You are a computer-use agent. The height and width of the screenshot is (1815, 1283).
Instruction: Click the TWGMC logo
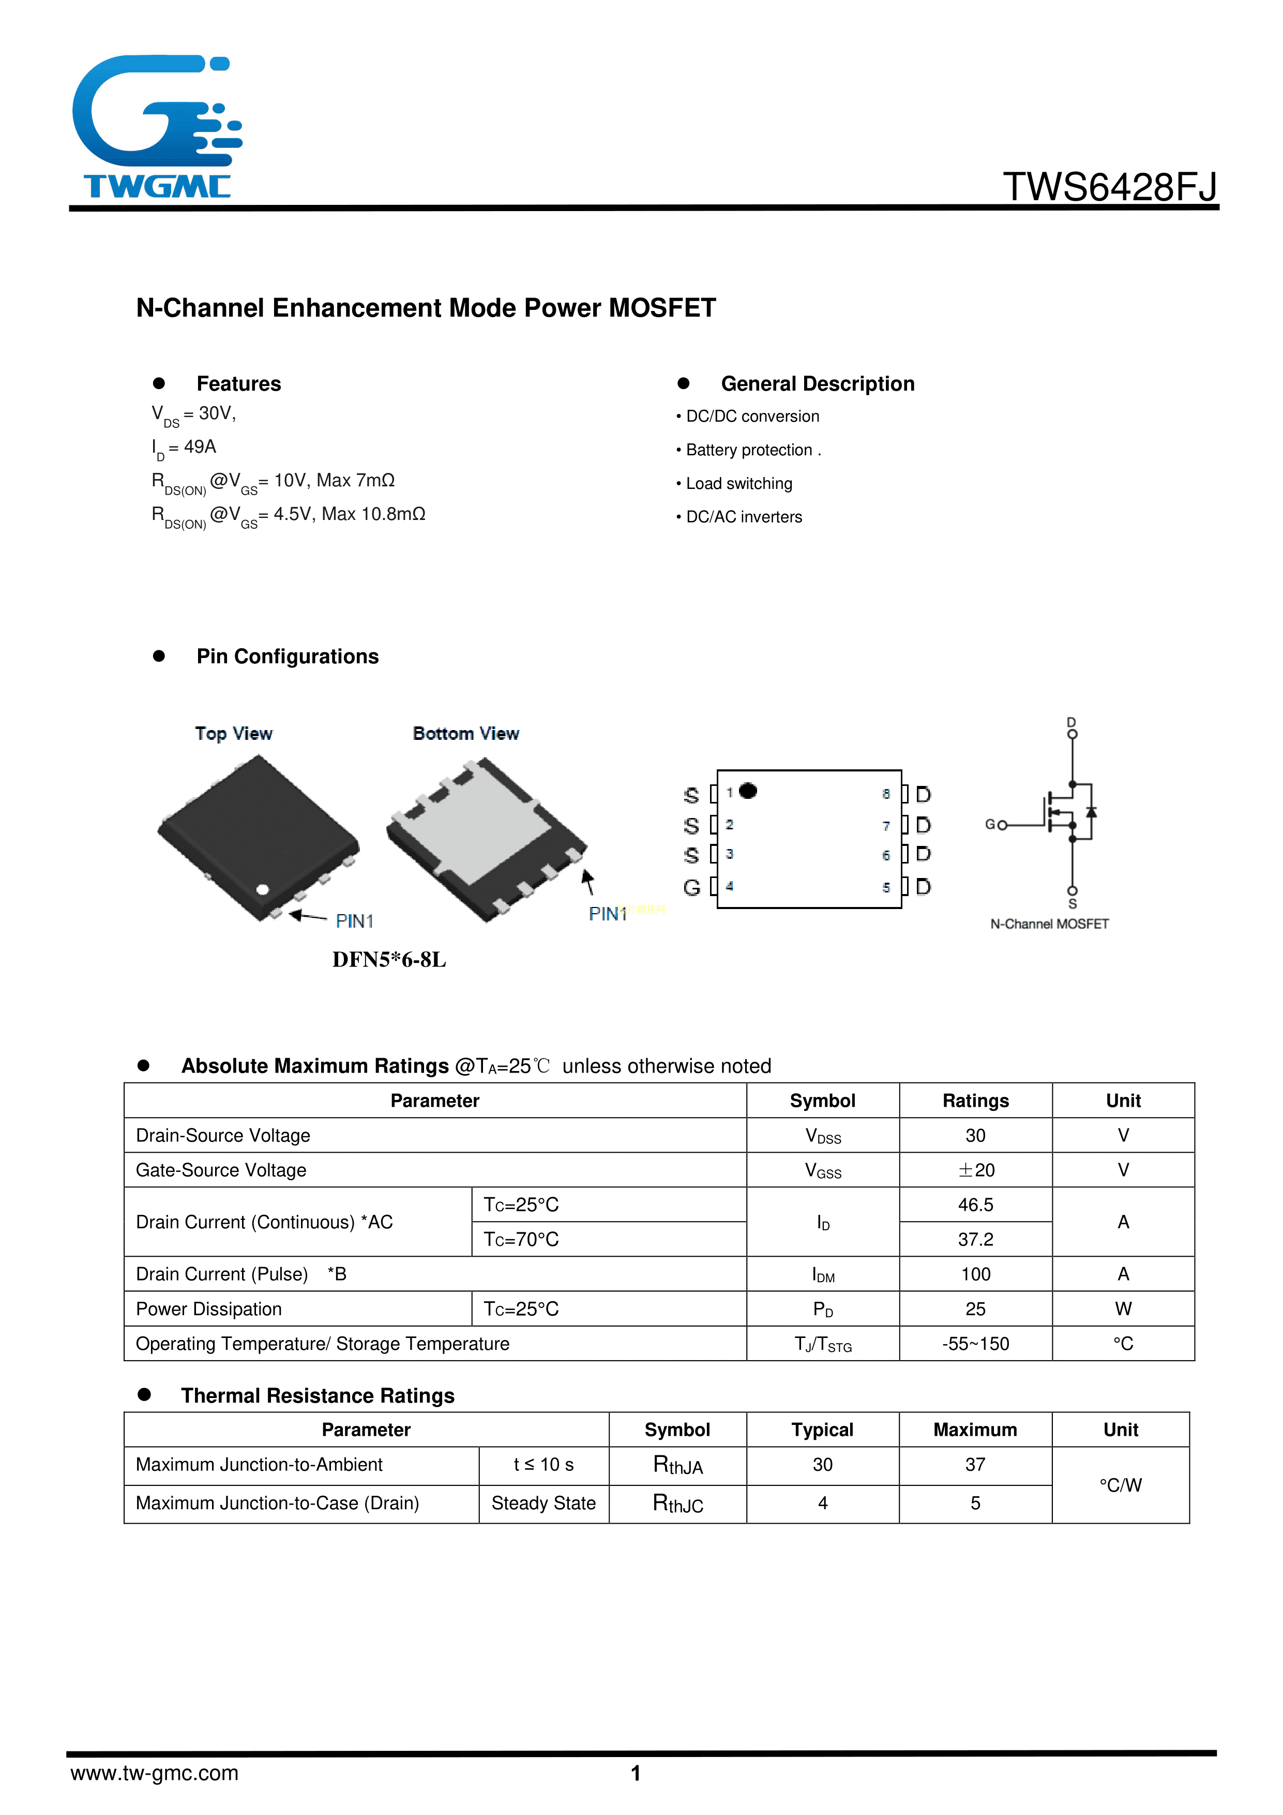point(157,126)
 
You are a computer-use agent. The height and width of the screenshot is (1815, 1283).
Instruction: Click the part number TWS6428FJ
point(1110,187)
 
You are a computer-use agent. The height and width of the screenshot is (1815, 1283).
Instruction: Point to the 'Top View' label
point(234,734)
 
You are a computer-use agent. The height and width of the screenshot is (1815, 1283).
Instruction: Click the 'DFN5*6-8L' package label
point(389,960)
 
